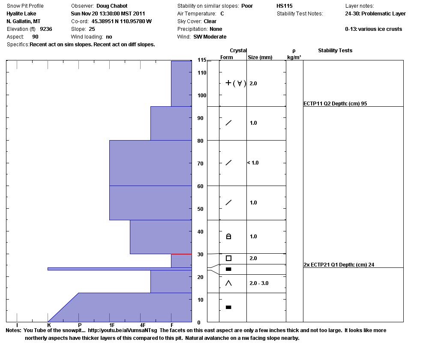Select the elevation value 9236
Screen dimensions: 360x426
tap(46, 29)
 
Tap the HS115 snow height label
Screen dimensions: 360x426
tap(285, 6)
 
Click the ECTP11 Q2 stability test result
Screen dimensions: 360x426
tap(335, 104)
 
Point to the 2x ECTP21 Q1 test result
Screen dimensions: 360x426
tap(339, 265)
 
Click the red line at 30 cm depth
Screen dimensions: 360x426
tap(181, 254)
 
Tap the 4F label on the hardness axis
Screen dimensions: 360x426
tap(143, 326)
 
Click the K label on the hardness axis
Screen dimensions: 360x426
tap(49, 326)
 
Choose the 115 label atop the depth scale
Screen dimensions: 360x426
tap(202, 60)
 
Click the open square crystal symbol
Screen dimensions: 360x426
tap(228, 258)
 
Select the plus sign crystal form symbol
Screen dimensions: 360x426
tap(228, 83)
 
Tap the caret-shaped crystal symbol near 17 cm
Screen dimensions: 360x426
tap(228, 283)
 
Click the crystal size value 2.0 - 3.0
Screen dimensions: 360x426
tap(259, 283)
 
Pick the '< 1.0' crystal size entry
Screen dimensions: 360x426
tap(253, 163)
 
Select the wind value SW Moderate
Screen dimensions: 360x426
tap(210, 37)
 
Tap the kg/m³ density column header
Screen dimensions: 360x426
tap(294, 57)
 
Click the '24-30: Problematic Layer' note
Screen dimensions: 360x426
tap(375, 14)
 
